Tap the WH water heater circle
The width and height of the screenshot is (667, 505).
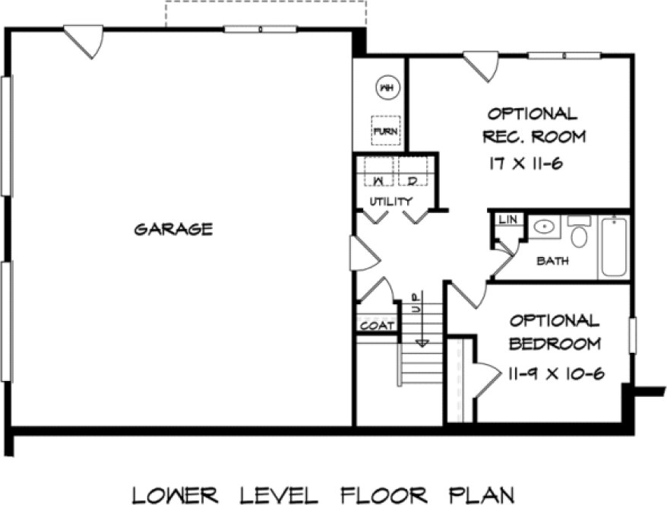[386, 88]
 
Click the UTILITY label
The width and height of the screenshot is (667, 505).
[390, 202]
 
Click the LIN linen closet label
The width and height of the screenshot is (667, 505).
[507, 220]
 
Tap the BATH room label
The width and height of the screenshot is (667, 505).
[552, 261]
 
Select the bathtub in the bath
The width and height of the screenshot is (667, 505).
[613, 246]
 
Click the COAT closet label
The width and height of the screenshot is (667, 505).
[377, 326]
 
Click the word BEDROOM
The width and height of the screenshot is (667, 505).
[555, 344]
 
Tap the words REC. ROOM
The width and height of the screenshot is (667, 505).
[536, 138]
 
